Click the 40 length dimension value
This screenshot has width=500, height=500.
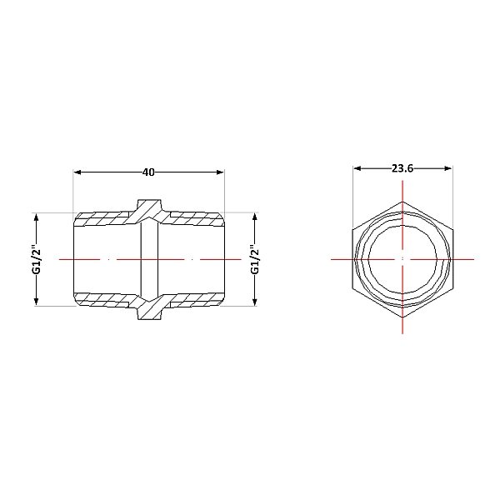point(148,172)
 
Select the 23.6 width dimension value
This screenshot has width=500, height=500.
point(402,168)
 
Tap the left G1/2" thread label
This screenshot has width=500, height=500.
point(37,259)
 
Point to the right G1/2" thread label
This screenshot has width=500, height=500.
point(255,259)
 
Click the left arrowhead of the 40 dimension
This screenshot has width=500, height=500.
point(77,172)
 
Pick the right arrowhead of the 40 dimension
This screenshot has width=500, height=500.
point(220,172)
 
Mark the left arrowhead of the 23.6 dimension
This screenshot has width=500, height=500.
point(357,168)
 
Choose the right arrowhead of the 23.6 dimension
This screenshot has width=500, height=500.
point(448,168)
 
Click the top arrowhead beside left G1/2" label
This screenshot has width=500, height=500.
point(36,217)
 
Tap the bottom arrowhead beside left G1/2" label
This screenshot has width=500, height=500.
point(36,302)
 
